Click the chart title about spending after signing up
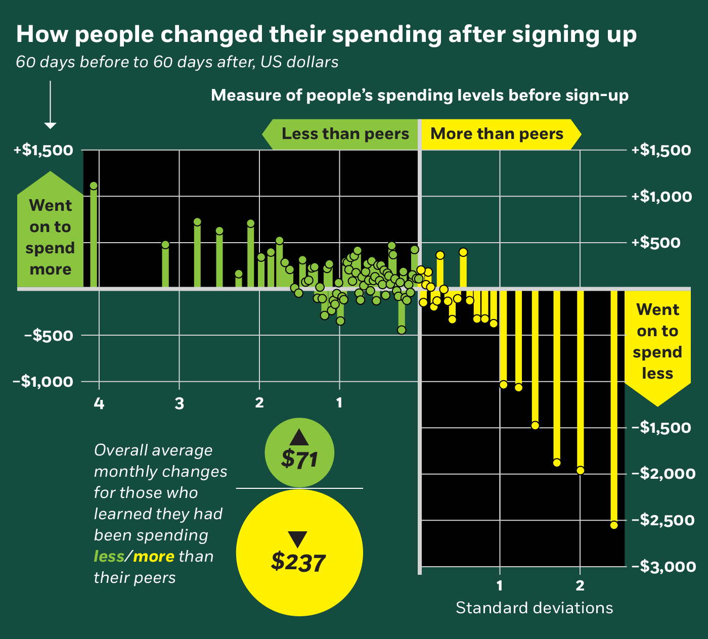coord(326,34)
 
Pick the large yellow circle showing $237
coord(299,553)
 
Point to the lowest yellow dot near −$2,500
coord(614,525)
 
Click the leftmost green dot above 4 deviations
coord(94,186)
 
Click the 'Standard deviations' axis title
coord(534,608)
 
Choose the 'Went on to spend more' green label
coord(50,237)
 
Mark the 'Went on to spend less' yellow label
coord(657,341)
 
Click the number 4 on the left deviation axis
coord(99,404)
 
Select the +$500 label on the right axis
coord(656,243)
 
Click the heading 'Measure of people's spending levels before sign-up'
coord(419,96)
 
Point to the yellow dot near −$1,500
coord(535,425)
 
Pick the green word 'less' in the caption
coord(109,557)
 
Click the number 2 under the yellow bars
coord(580,586)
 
